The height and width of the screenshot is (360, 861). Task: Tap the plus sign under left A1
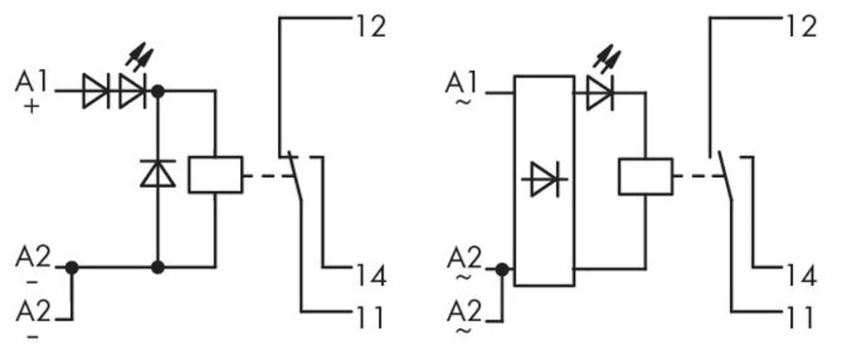(33, 109)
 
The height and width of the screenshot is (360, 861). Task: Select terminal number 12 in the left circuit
(370, 26)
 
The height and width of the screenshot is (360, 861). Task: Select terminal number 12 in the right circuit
(800, 26)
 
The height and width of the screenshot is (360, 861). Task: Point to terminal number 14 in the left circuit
(370, 276)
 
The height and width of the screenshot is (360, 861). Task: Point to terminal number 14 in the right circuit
(800, 276)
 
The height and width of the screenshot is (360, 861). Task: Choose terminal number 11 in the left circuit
(370, 318)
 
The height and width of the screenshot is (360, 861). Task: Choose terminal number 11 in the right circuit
(800, 318)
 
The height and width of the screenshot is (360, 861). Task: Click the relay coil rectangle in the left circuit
(214, 175)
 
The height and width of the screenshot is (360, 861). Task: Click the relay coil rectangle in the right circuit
(645, 176)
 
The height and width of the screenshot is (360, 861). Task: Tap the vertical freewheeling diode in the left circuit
(158, 173)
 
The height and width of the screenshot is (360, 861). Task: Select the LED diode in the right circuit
(599, 92)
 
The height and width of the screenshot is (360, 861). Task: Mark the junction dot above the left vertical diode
(158, 90)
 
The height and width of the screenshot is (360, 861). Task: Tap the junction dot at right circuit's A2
(502, 269)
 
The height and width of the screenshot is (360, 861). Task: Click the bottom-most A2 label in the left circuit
(33, 310)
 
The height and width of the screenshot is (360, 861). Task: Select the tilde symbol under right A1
(462, 103)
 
